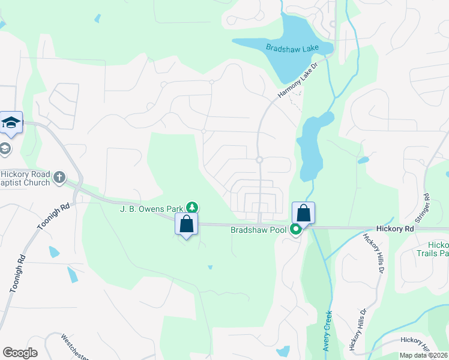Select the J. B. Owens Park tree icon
pyautogui.click(x=191, y=208)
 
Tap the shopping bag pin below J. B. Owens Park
pyautogui.click(x=187, y=224)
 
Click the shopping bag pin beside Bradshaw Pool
pyautogui.click(x=303, y=213)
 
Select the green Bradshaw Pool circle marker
pyautogui.click(x=295, y=229)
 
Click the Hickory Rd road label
pyautogui.click(x=396, y=229)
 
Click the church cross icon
pyautogui.click(x=59, y=177)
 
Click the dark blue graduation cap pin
pyautogui.click(x=11, y=123)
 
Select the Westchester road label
pyautogui.click(x=75, y=347)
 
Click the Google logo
pyautogui.click(x=20, y=353)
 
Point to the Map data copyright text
pyautogui.click(x=423, y=355)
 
